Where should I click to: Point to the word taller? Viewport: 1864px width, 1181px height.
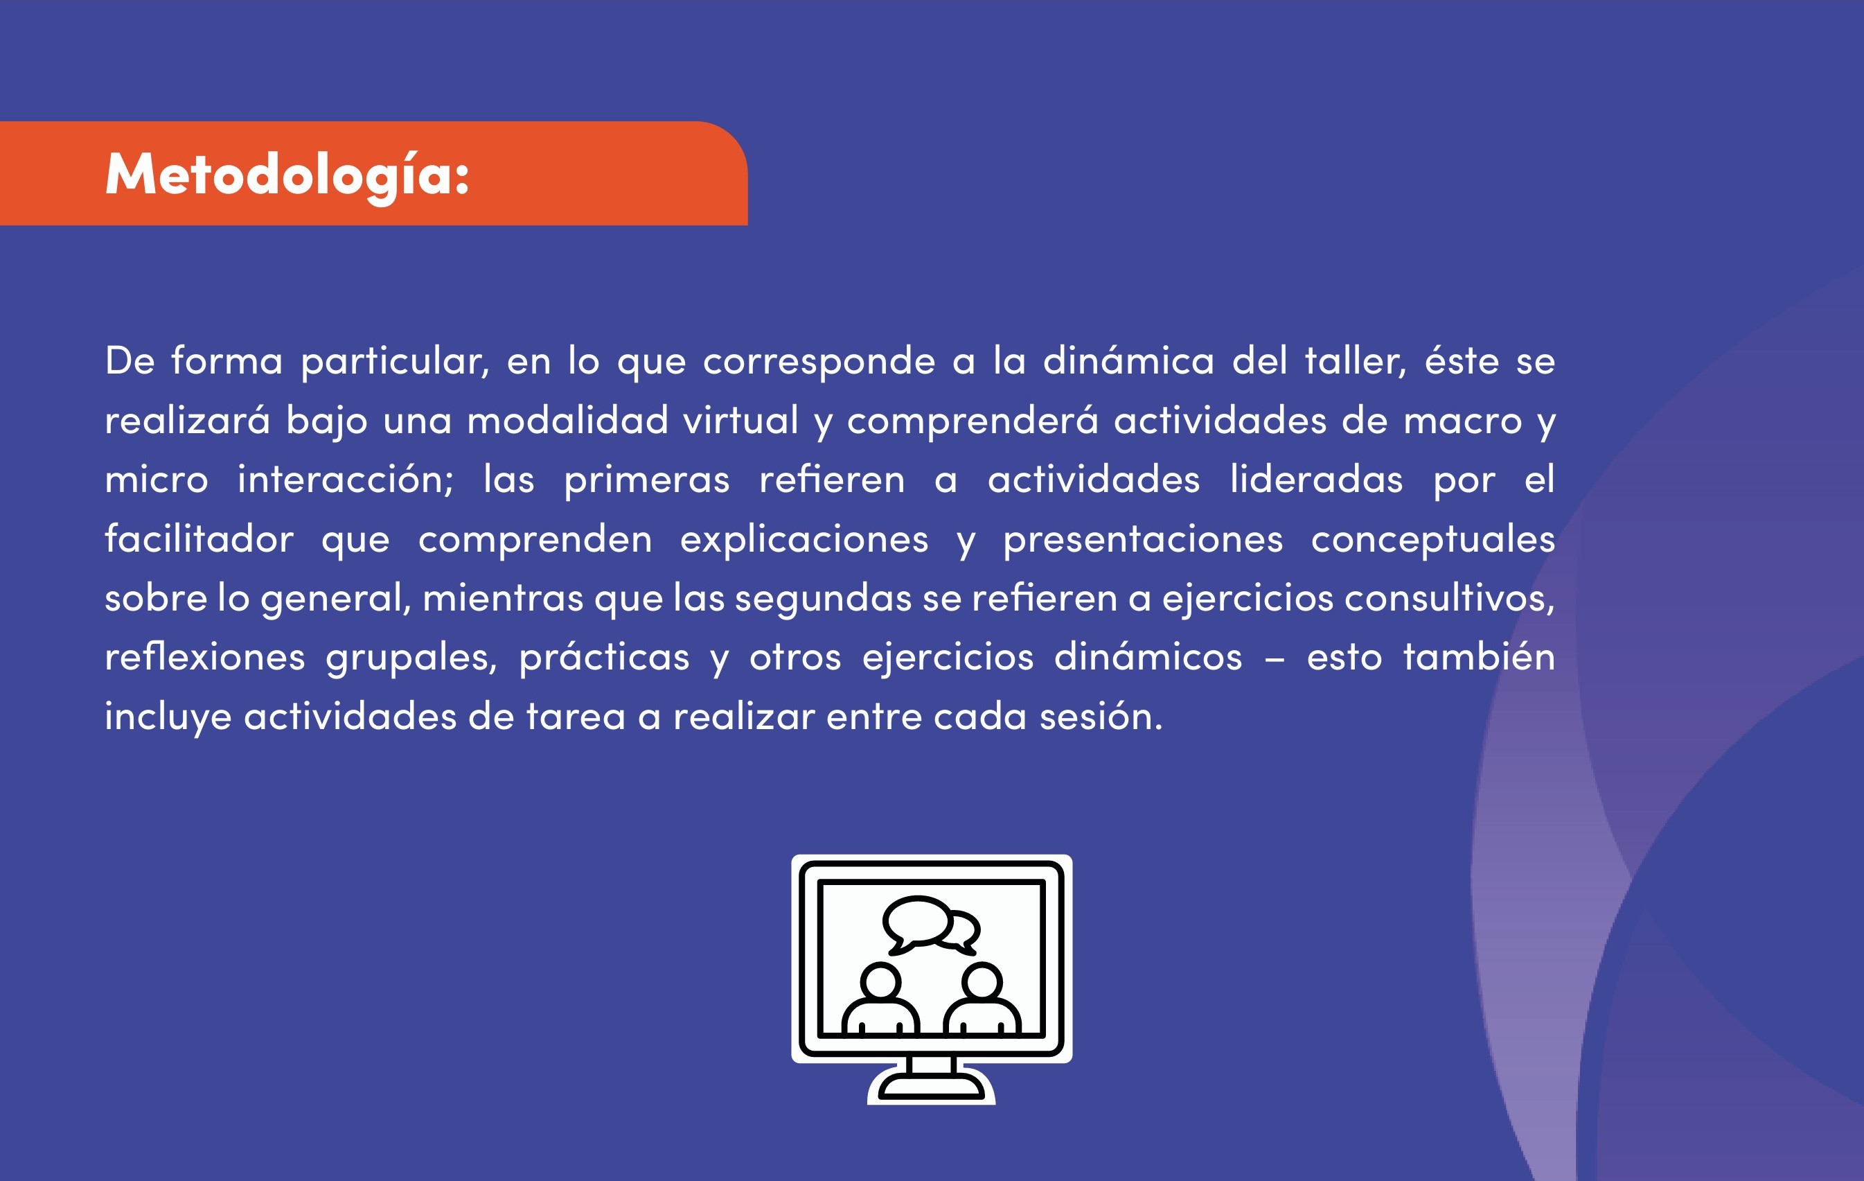1356,361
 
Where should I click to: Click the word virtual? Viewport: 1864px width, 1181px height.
740,420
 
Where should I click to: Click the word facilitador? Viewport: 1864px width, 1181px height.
199,539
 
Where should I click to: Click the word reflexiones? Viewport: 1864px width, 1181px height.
205,657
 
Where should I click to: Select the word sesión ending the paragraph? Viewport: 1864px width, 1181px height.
1101,717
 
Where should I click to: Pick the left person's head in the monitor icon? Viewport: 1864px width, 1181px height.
881,981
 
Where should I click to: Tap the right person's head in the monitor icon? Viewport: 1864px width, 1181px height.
982,981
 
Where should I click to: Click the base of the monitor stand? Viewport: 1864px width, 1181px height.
931,1087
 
